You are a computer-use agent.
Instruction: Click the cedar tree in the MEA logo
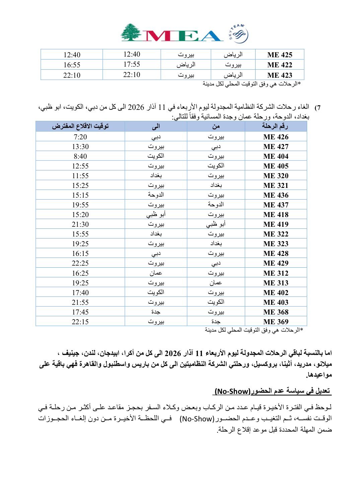(131, 32)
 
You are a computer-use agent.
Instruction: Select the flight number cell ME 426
(276, 137)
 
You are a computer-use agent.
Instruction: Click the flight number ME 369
(276, 322)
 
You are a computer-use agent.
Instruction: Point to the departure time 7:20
(80, 137)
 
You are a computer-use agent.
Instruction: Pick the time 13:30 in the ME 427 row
(80, 146)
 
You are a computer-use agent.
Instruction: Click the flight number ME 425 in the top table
(280, 55)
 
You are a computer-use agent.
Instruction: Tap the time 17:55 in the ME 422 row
(132, 64)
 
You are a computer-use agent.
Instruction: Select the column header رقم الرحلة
(275, 126)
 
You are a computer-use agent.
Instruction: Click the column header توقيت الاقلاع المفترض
(80, 126)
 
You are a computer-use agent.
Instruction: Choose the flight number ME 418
(276, 214)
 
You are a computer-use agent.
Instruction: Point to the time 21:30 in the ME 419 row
(80, 224)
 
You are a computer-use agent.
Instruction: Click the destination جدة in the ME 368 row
(156, 312)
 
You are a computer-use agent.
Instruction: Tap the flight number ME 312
(276, 273)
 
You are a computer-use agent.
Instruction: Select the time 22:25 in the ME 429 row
(80, 263)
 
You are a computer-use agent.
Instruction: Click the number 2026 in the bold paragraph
(173, 353)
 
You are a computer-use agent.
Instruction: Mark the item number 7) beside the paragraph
(317, 108)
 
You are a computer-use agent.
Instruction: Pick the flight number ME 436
(276, 195)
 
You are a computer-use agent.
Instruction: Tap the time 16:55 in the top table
(72, 65)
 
